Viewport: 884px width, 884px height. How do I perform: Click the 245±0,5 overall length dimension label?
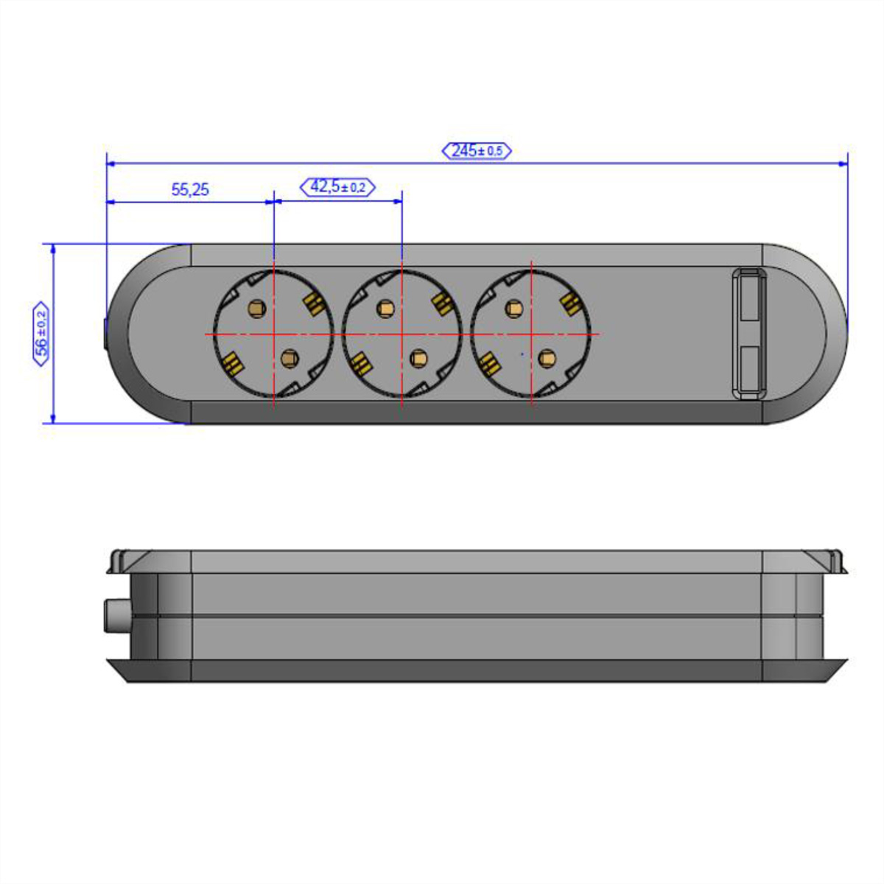click(x=476, y=151)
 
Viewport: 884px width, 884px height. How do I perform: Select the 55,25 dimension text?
click(x=190, y=189)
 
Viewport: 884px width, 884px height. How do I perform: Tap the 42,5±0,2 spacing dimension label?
click(x=337, y=187)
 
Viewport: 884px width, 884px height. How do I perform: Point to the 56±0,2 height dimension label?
click(x=41, y=334)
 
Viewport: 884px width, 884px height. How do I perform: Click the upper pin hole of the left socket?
click(x=256, y=307)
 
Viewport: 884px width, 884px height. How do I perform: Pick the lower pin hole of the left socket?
click(x=289, y=358)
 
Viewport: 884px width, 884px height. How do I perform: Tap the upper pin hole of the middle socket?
click(x=385, y=308)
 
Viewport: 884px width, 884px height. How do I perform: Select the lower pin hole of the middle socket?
click(x=418, y=358)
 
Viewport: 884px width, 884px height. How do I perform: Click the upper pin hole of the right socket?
click(x=513, y=308)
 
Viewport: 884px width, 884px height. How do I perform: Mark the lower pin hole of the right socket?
click(x=547, y=358)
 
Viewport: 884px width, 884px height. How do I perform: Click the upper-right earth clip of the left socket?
click(x=315, y=304)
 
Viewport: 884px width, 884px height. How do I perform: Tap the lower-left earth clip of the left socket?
click(x=232, y=364)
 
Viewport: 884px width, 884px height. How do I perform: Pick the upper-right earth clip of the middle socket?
click(x=443, y=304)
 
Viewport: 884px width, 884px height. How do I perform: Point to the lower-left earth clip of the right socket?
click(x=489, y=364)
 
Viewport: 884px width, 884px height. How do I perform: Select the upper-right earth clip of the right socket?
click(x=572, y=304)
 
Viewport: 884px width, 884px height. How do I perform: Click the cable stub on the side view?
click(x=117, y=616)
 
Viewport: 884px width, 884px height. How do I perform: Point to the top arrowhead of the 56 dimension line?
click(x=53, y=249)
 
